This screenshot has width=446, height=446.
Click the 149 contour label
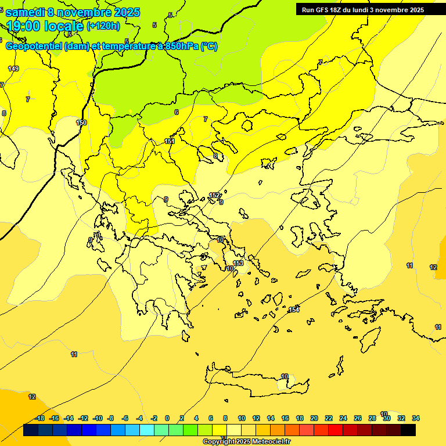(x=13, y=69)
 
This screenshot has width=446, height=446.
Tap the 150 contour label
(x=81, y=123)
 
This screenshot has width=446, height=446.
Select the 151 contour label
(x=170, y=141)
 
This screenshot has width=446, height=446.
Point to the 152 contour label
(x=214, y=196)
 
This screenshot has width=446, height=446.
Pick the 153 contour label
(x=238, y=264)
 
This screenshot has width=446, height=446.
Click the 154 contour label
(x=294, y=310)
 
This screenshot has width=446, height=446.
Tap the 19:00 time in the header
(x=27, y=26)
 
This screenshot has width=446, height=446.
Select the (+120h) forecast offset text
(x=103, y=26)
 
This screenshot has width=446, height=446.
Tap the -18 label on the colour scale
(x=40, y=418)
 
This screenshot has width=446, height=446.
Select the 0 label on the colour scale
(x=167, y=418)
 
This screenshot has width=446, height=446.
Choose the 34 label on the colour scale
(x=416, y=418)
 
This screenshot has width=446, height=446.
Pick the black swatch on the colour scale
(x=408, y=430)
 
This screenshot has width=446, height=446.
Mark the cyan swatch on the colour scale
(x=147, y=430)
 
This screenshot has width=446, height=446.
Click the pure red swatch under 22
(x=336, y=430)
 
